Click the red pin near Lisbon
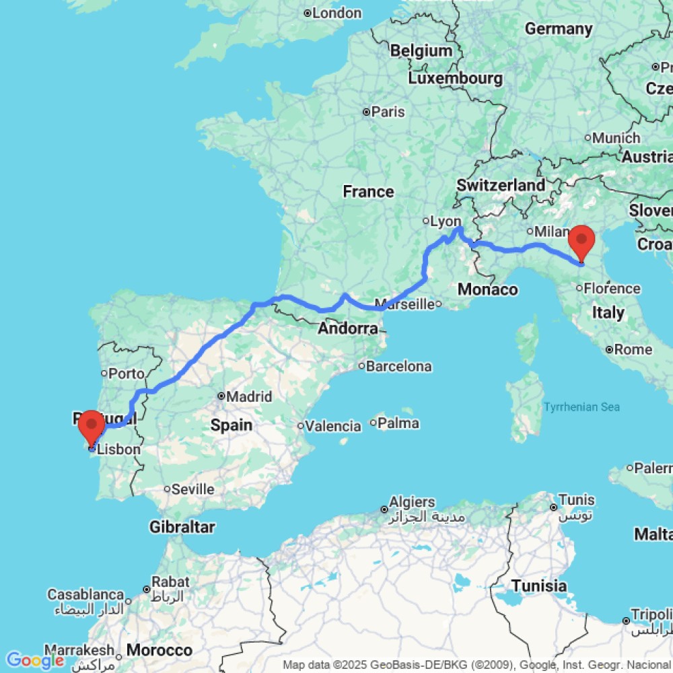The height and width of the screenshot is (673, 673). (x=91, y=427)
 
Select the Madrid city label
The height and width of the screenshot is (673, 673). (x=249, y=396)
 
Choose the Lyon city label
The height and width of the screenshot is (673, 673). (x=446, y=221)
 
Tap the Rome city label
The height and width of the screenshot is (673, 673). (x=633, y=349)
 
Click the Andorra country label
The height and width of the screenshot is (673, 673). (x=348, y=329)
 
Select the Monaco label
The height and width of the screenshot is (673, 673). (x=487, y=290)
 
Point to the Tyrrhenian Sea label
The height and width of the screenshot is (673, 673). (x=581, y=407)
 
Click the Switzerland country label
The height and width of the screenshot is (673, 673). (x=501, y=185)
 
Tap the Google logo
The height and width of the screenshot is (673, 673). (x=34, y=660)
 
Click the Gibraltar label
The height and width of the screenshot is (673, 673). (x=183, y=527)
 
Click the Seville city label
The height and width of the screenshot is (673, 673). (x=192, y=489)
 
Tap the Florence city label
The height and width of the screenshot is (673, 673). (x=612, y=289)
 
